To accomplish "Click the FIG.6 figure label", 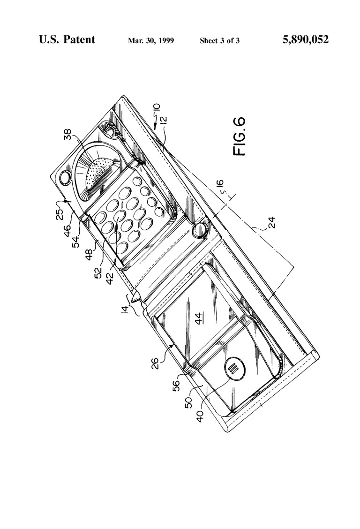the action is [240, 136].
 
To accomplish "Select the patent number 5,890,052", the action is [306, 40].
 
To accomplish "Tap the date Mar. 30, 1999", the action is [150, 41].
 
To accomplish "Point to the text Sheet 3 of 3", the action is [219, 41].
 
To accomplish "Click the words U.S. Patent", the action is [67, 39].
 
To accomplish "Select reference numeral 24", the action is [271, 222].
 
